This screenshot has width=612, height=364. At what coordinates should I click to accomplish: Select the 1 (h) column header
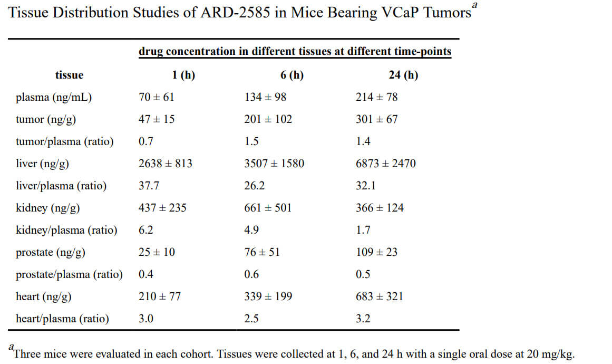[183, 75]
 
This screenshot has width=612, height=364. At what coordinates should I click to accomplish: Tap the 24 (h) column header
[403, 75]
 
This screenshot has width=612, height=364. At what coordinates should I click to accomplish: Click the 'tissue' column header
[69, 75]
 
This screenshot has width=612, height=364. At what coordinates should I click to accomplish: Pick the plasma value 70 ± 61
[156, 97]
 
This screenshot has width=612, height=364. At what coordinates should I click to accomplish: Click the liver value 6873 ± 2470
[386, 164]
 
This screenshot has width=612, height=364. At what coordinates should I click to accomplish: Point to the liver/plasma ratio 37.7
[149, 186]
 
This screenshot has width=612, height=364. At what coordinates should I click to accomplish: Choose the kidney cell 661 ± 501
[268, 208]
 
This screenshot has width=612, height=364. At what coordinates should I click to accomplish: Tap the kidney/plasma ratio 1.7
[363, 230]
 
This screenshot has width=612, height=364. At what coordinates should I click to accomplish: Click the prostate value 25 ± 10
[157, 252]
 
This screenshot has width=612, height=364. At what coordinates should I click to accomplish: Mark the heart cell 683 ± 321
[380, 296]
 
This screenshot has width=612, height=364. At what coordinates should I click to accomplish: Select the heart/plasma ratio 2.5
[252, 319]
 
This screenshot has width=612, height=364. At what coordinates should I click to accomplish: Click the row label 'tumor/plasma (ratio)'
[64, 141]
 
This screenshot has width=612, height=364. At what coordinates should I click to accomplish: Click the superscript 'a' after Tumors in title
[475, 5]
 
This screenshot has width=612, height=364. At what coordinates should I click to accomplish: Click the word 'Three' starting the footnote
[27, 354]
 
